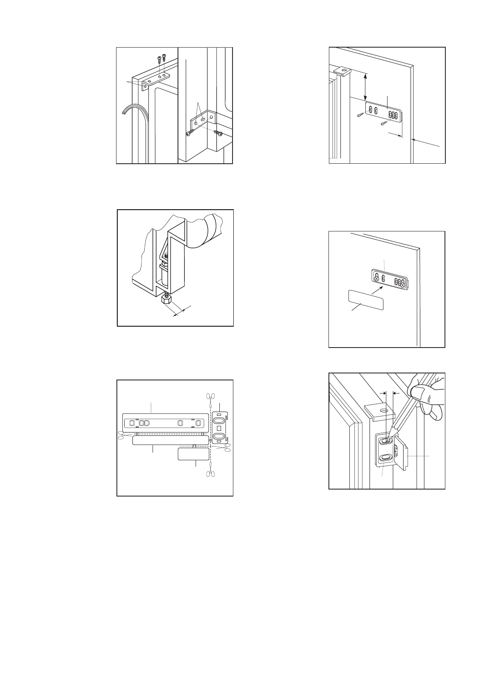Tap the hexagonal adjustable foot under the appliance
[x=167, y=300]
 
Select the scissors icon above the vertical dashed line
[x=210, y=396]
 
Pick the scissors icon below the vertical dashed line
[x=210, y=474]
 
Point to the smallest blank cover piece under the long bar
[x=194, y=454]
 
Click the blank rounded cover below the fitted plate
[x=366, y=300]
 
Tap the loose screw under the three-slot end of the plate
[x=385, y=122]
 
